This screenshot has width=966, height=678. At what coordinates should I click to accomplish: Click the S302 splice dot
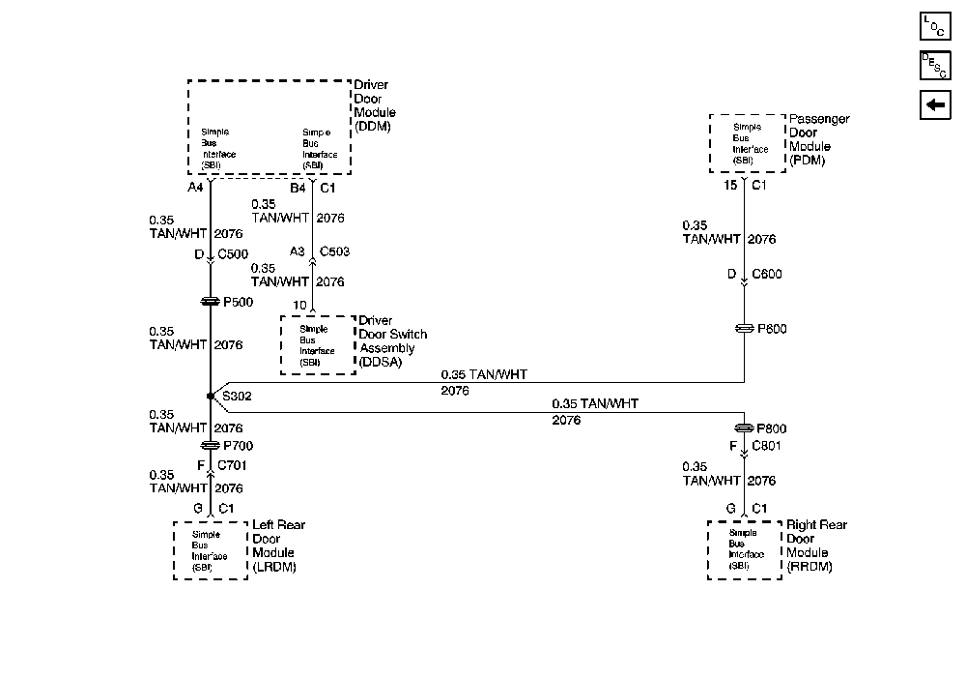click(210, 397)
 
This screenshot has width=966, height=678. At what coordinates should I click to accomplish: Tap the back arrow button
click(935, 105)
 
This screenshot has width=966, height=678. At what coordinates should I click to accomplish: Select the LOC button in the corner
click(935, 26)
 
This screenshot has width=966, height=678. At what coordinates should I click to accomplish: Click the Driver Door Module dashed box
click(269, 128)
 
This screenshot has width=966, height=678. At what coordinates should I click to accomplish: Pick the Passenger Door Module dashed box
click(750, 143)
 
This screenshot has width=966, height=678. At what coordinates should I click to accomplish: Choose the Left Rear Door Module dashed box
click(211, 550)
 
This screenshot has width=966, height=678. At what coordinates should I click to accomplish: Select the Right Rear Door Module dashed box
click(744, 550)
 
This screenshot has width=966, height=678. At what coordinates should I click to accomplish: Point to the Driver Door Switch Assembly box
click(317, 345)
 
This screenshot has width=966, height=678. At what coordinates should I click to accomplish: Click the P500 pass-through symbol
click(210, 303)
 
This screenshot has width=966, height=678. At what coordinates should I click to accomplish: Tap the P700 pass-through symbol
click(210, 446)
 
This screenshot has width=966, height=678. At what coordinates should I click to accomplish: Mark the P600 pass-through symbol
click(744, 329)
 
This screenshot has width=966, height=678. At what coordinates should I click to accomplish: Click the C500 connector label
click(233, 254)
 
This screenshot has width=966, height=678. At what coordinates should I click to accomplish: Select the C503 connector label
click(334, 251)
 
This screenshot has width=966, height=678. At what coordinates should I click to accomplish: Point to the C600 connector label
click(767, 275)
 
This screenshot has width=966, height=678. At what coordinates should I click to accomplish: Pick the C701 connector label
click(232, 465)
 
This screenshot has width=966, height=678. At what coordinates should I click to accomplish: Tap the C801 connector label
click(767, 447)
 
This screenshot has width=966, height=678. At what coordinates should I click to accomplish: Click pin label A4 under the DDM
click(195, 187)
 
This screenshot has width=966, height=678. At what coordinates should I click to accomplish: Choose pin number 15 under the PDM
click(729, 185)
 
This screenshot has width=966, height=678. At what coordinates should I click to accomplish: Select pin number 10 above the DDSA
click(299, 306)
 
